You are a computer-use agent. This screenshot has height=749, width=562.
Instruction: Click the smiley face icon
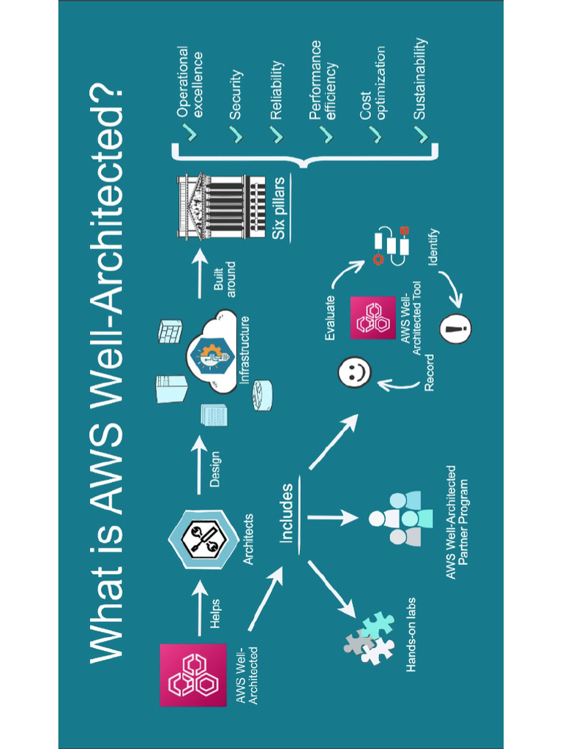click(x=354, y=372)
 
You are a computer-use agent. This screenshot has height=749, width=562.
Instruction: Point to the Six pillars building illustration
click(x=221, y=207)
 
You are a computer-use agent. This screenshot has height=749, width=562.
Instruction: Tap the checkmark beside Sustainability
click(x=419, y=135)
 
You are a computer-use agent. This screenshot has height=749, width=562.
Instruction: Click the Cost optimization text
click(x=372, y=83)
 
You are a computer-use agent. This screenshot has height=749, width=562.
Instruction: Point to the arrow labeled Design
click(x=199, y=466)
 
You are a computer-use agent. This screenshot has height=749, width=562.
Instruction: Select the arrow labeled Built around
click(x=199, y=276)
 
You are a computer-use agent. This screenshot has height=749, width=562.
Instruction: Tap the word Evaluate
click(x=330, y=317)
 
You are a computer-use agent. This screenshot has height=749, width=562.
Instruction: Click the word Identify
click(x=433, y=247)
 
